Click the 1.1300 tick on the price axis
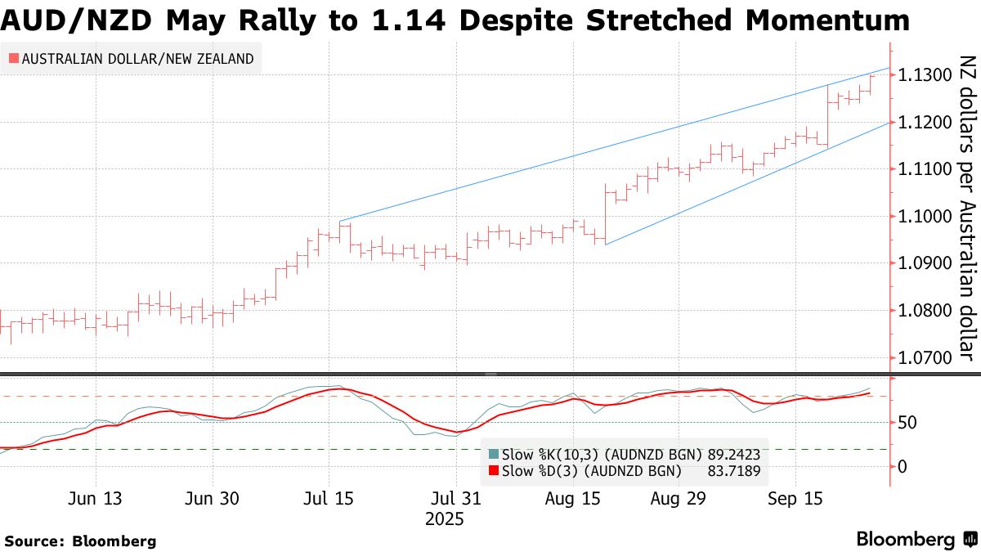pyautogui.click(x=924, y=75)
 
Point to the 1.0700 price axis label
pyautogui.click(x=924, y=357)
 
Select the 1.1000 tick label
pyautogui.click(x=924, y=216)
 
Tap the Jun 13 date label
pyautogui.click(x=96, y=498)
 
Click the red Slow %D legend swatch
pyautogui.click(x=492, y=470)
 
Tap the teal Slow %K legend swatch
pyautogui.click(x=492, y=455)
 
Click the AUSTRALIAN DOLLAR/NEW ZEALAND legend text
pyautogui.click(x=137, y=59)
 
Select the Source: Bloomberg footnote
pyautogui.click(x=80, y=541)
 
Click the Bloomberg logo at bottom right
pyautogui.click(x=916, y=539)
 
